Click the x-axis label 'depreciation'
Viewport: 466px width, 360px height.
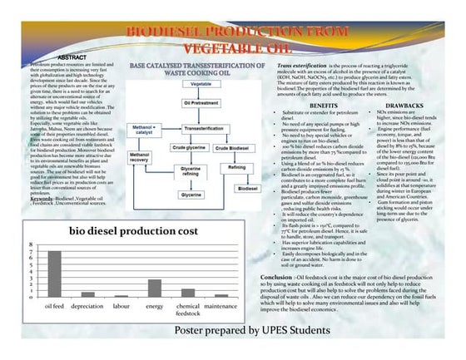87,307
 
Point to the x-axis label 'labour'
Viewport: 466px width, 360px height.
121,307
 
